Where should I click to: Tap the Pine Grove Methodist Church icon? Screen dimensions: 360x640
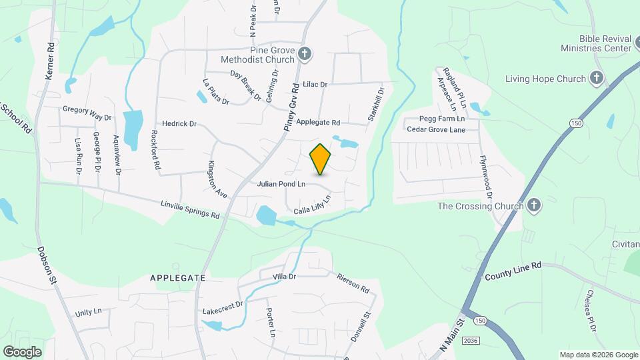[x=305, y=54]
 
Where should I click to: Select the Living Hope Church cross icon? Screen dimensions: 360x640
[x=597, y=79]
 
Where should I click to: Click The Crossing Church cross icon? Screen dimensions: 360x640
[x=533, y=206]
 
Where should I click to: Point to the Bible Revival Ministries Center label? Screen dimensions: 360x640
[x=596, y=44]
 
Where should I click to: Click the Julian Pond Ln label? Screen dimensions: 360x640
[x=281, y=183]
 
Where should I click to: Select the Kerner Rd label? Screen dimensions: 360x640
[x=49, y=62]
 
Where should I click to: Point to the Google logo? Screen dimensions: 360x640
[x=22, y=351]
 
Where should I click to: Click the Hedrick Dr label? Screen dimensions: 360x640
[x=179, y=124]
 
